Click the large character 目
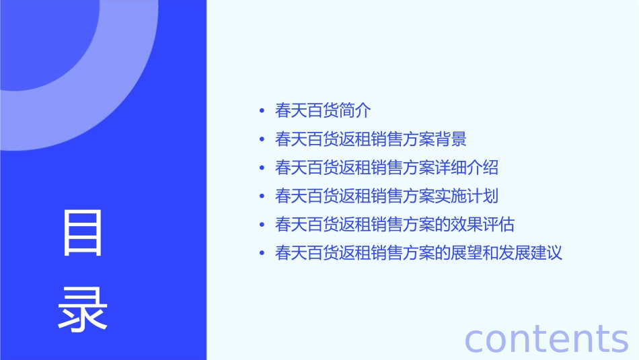[x=83, y=233]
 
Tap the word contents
[x=546, y=338]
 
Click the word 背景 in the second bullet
[x=451, y=139]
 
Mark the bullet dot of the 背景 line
[x=262, y=139]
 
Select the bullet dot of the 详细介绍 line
[x=262, y=168]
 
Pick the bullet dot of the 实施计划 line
[x=262, y=196]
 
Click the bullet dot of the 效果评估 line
[x=262, y=225]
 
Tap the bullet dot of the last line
[x=262, y=254]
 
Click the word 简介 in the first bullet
[x=355, y=110]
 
